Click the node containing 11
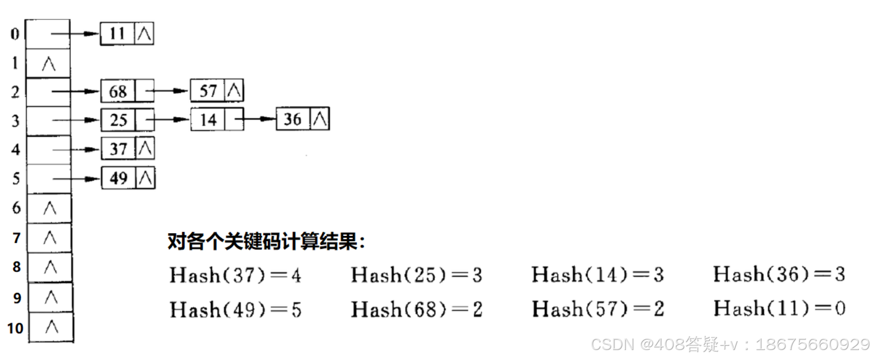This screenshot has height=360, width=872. pos(126,34)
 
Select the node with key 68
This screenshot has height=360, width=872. pos(127,91)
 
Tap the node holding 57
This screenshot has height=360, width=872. pos(216,91)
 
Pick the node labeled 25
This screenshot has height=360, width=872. pos(127,120)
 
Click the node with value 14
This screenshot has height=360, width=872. pos(216,120)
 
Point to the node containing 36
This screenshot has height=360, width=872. pos(302,119)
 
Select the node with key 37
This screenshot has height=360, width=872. pos(128,149)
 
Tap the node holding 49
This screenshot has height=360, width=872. pos(128,178)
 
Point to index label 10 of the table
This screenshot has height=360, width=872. pos(15,329)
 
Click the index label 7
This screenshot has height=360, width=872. pos(17,238)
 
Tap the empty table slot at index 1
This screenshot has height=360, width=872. pos(48,64)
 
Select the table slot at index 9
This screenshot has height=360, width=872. pos(51,298)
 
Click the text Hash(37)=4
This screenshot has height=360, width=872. pos(235,275)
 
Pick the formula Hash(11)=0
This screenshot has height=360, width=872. pos(779,309)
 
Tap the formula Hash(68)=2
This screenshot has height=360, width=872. pos(416,309)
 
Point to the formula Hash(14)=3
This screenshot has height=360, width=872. pos(598,275)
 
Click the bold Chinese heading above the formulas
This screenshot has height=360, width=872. pos(266,242)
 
